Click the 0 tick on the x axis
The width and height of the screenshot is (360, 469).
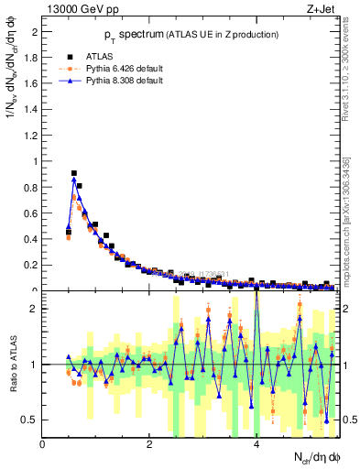(43, 444)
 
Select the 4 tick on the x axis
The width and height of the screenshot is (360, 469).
(256, 444)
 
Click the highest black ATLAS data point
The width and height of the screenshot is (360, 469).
(74, 172)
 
